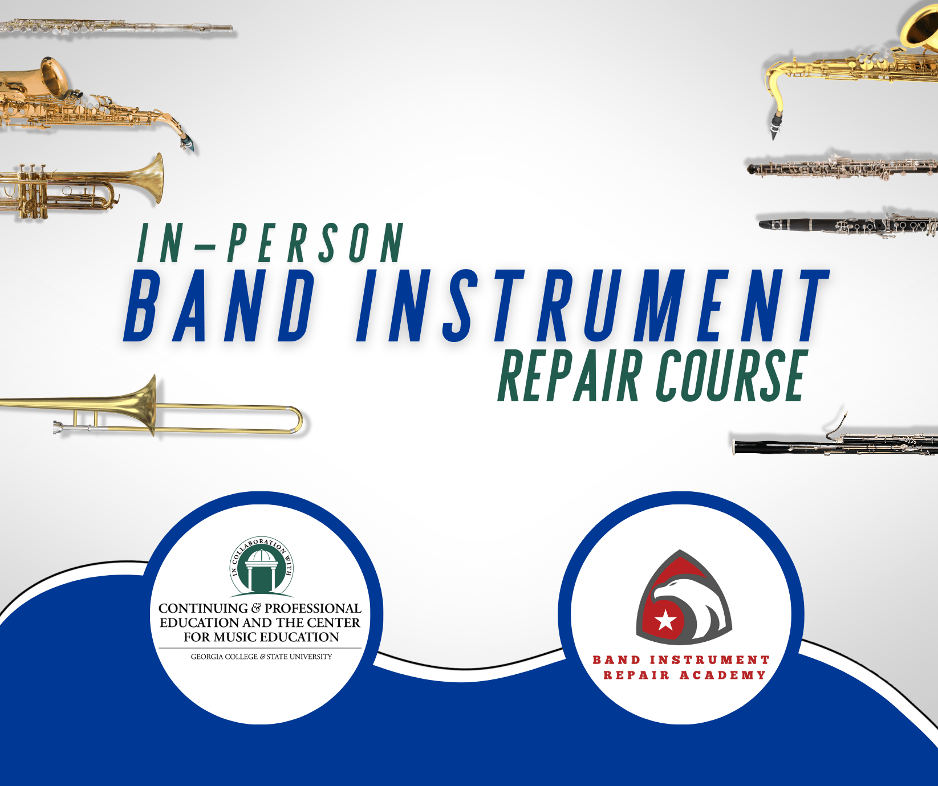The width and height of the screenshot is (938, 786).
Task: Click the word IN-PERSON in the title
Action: [x=271, y=243]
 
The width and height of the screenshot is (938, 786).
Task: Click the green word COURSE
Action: [x=731, y=375]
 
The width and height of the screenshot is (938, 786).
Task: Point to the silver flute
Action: [x=116, y=26]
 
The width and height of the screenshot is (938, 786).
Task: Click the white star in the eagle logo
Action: [x=665, y=620]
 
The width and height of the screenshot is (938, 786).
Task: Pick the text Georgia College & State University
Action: [x=261, y=657]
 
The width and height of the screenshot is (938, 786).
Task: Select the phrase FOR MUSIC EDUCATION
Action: [x=261, y=637]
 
